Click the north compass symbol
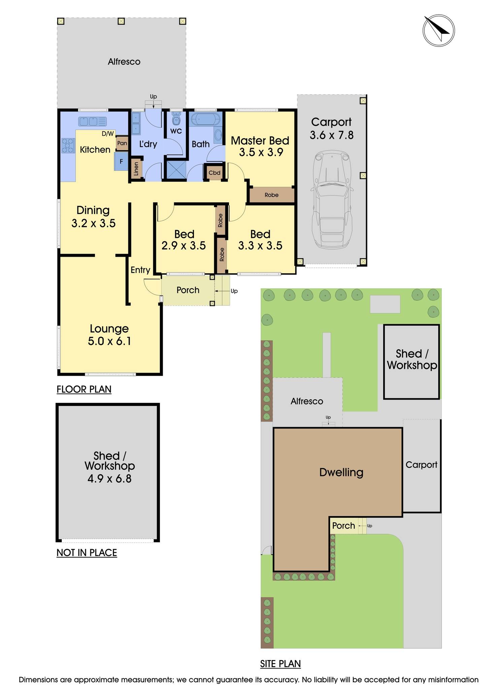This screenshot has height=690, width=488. [x=438, y=31]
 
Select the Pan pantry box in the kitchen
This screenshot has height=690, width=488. [x=122, y=143]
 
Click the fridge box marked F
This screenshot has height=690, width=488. [x=121, y=161]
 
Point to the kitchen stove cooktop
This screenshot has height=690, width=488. [x=68, y=146]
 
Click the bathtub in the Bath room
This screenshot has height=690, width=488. [x=205, y=120]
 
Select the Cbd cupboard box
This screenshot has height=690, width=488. [x=215, y=173]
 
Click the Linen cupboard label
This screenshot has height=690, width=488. [x=136, y=169]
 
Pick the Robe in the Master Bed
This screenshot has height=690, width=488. [x=271, y=195]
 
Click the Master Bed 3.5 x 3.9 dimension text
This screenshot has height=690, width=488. [x=260, y=152]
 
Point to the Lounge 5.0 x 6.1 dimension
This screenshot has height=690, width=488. [x=109, y=341]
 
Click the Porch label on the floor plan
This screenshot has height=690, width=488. [x=188, y=290]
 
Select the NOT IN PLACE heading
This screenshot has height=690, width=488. [x=87, y=553]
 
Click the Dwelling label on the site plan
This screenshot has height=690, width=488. [x=341, y=472]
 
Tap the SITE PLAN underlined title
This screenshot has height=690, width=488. [x=280, y=664]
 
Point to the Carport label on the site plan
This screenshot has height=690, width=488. [x=421, y=465]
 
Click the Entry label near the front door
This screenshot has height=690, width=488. [x=140, y=270]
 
